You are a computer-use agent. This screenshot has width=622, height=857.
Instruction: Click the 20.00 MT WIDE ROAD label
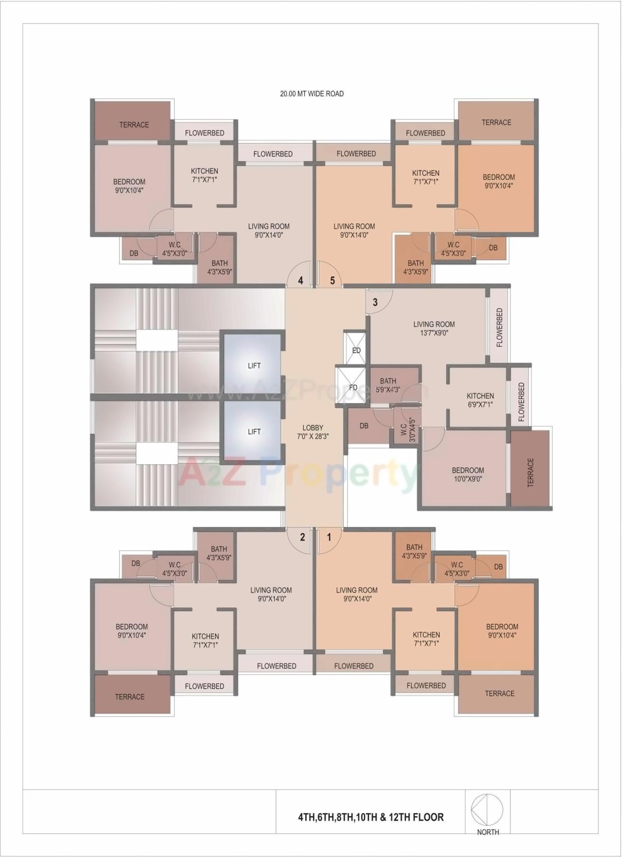311,94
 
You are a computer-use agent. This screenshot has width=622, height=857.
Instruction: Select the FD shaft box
353,387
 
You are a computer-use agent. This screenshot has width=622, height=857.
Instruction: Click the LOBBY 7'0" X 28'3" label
312,432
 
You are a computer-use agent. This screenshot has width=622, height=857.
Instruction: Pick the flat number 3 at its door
375,302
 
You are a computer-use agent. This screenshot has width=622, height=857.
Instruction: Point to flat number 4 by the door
301,280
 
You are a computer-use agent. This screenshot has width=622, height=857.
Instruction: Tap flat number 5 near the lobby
332,280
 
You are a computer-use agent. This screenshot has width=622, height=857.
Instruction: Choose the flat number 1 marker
329,537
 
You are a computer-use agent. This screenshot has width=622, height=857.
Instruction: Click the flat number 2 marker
302,537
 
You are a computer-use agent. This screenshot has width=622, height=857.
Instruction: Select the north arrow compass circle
487,810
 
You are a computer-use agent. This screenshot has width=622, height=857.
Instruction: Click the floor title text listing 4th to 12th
371,817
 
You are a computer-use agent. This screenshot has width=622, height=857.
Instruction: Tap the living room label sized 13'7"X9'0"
434,328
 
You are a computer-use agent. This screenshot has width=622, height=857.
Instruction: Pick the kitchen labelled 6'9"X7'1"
480,400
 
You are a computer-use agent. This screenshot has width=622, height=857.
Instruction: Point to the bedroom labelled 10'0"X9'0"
467,474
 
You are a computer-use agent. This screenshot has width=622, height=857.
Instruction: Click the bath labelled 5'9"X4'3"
388,385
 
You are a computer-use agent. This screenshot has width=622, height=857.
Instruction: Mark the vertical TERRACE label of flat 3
530,472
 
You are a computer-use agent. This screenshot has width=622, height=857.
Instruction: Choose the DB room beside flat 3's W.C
364,426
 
